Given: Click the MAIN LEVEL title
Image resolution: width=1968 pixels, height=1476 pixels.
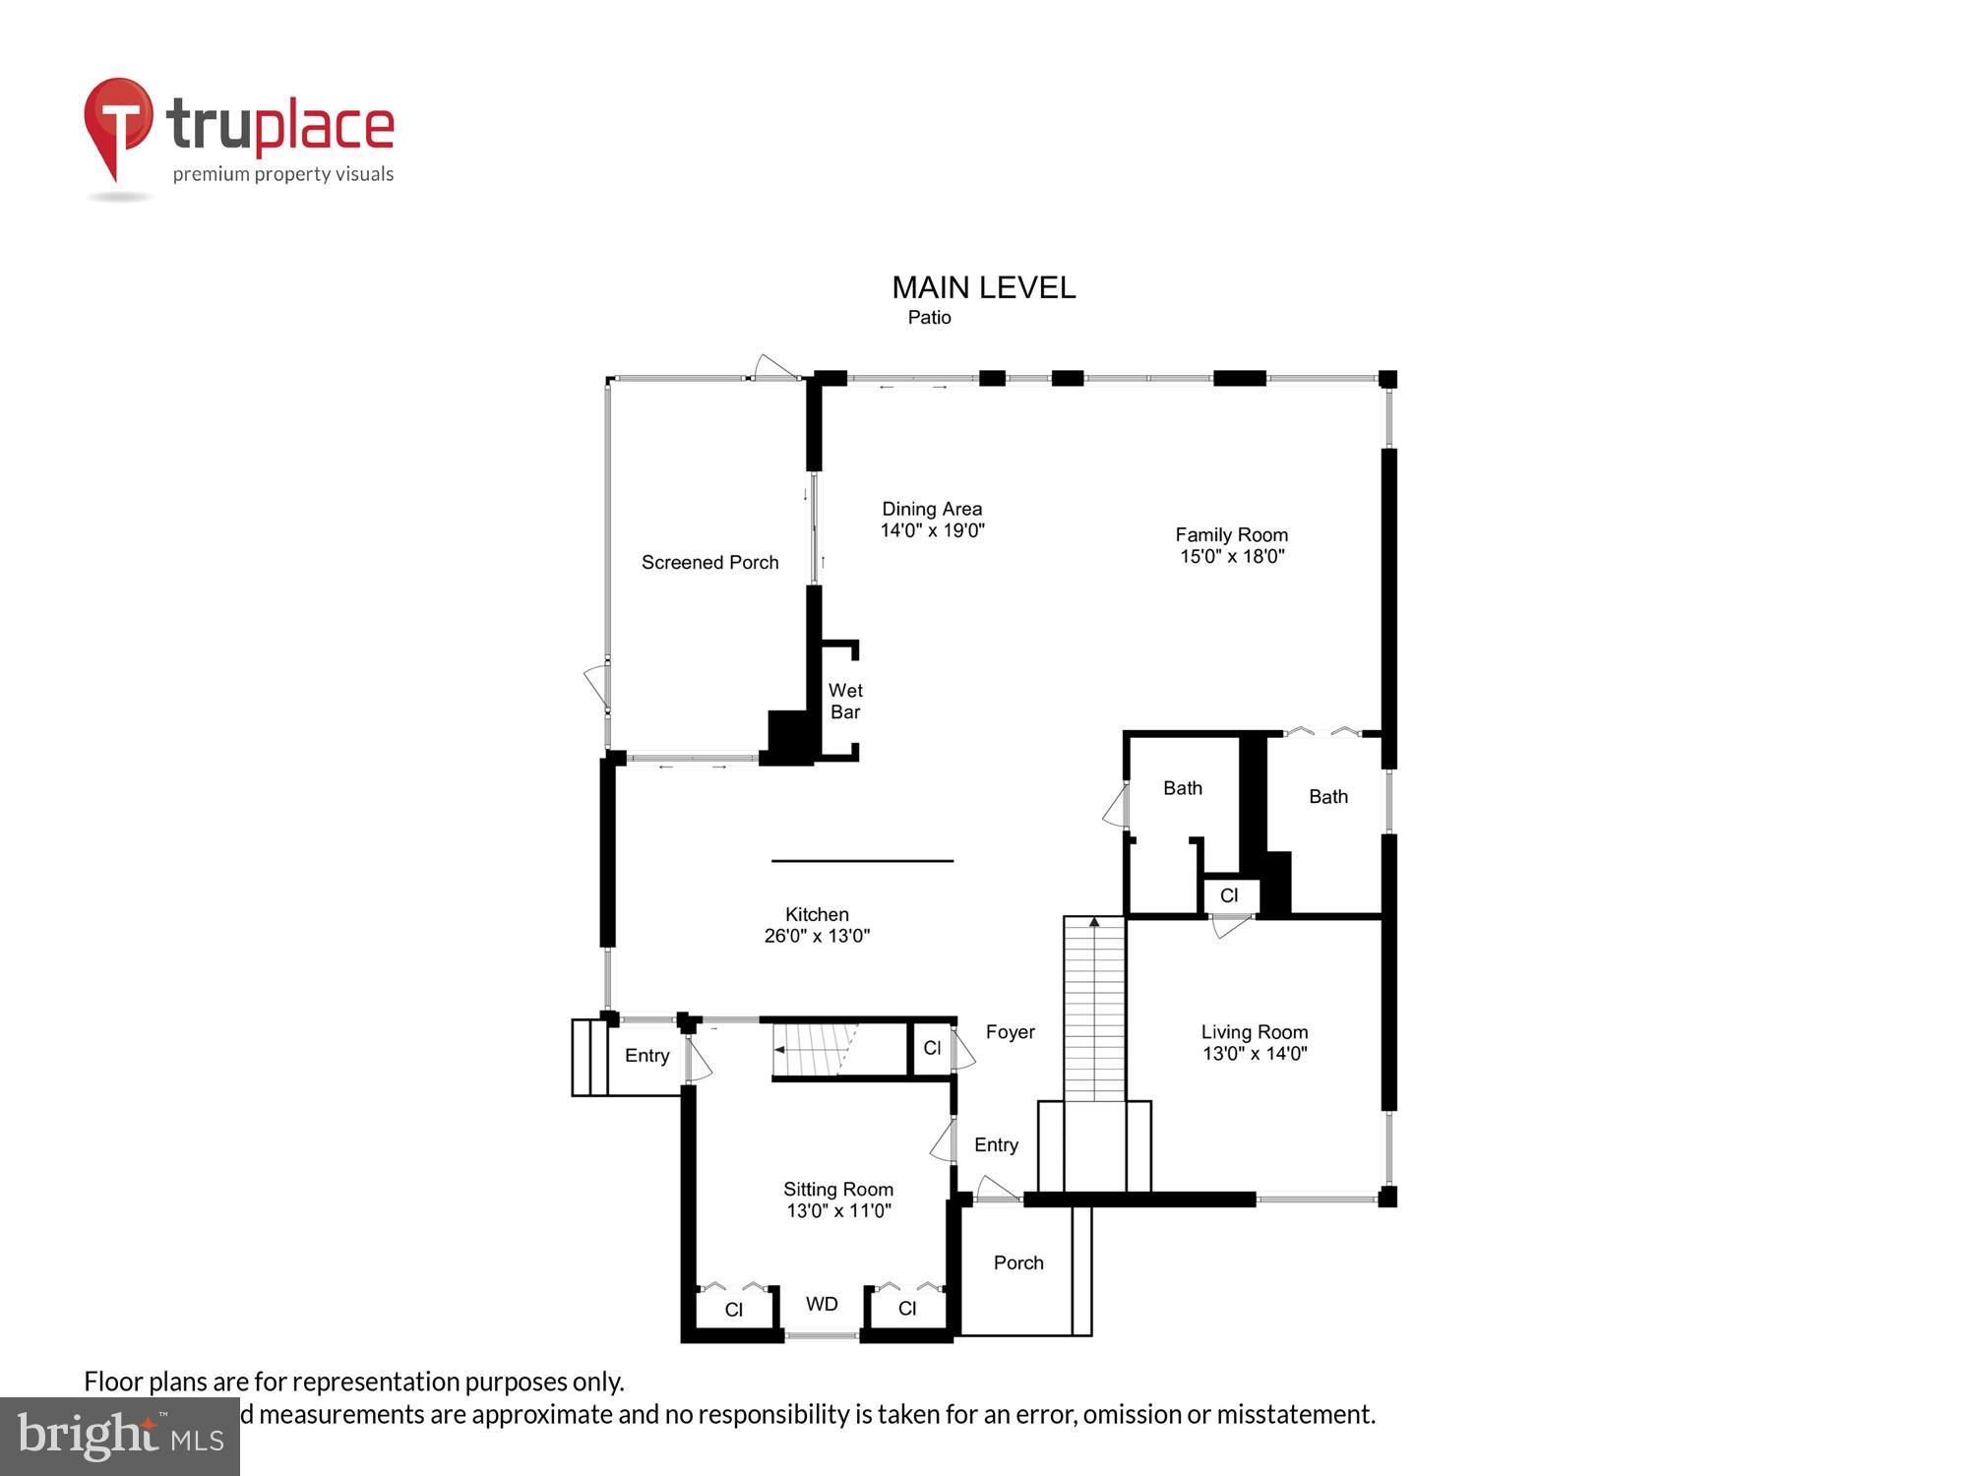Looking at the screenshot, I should point(983,287).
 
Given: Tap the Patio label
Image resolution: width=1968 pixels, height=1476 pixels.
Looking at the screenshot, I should point(929,318).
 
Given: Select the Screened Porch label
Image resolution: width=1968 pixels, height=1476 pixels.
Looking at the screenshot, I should point(709,563).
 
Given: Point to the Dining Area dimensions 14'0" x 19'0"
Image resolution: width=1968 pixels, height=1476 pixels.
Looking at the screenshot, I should point(932,531).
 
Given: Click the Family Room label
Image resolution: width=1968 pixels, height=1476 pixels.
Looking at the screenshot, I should point(1231,535).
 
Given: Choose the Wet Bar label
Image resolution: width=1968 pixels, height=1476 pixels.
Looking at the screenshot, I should point(845,702).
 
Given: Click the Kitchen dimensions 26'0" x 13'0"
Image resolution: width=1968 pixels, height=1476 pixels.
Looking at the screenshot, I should point(817,937).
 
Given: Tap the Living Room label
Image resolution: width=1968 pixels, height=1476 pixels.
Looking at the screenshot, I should point(1254,1032).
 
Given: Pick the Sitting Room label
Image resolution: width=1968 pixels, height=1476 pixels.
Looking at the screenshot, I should point(837,1190).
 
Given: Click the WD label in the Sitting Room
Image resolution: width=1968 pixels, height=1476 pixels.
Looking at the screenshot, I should point(822,1305).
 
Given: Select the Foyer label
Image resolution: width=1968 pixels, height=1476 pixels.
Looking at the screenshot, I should point(1010,1032).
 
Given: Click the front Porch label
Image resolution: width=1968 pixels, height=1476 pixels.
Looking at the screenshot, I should point(1017,1263).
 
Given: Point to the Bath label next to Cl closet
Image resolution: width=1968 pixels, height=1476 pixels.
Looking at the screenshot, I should point(1182,788).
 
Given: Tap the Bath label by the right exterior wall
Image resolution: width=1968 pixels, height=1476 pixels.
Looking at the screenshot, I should point(1327,797).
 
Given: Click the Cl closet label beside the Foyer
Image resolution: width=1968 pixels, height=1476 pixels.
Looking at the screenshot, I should point(932,1049).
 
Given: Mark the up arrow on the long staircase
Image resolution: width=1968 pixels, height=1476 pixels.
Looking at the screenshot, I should point(1094,923).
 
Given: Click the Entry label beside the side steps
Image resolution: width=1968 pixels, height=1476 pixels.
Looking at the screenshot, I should point(646,1056).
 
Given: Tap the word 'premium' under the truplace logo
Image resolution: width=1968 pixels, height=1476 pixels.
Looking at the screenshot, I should point(211,175).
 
